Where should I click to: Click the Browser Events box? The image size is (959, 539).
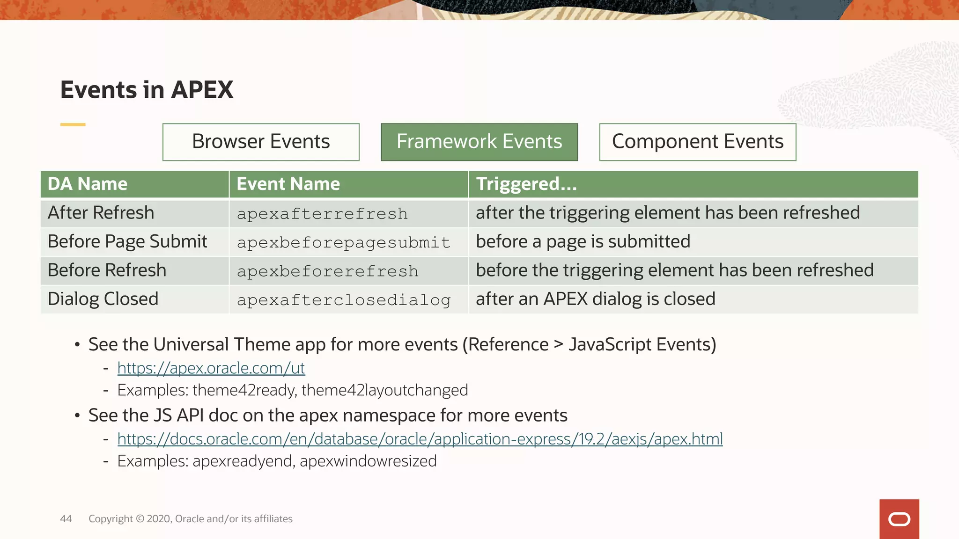coord(261,142)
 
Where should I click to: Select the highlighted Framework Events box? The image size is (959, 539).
coord(479,142)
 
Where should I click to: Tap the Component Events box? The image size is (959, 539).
coord(697,142)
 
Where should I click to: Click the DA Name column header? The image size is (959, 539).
coord(88,184)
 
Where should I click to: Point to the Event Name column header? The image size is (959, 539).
coord(288,184)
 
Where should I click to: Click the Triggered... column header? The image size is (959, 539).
coord(526,184)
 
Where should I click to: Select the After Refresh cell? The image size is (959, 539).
coord(101,213)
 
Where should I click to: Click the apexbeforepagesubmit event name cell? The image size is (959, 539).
coord(343,242)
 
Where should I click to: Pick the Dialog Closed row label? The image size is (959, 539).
coord(103,299)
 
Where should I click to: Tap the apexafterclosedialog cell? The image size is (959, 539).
coord(343,300)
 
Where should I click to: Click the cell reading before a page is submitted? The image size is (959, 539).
coord(583,242)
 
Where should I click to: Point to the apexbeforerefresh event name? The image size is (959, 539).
coord(327,271)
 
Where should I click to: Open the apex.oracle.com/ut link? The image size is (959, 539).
coord(211,368)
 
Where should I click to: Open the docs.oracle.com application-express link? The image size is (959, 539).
coord(420,439)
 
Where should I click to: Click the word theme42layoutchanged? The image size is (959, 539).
coord(384,390)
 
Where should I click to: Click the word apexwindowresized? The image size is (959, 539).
coord(368,461)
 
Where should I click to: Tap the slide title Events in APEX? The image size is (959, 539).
coord(147,89)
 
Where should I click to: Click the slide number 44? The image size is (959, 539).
coord(66,518)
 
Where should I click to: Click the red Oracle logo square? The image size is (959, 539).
coord(899,519)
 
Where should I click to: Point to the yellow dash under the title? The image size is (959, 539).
coord(73,124)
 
